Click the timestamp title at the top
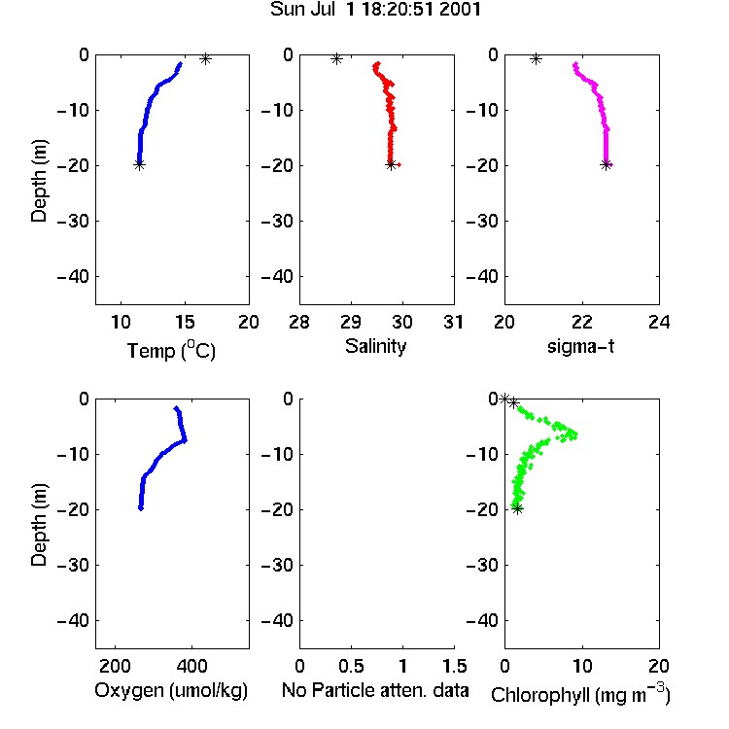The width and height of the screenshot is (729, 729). coord(375,10)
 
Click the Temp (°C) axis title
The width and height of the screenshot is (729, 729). coord(171,350)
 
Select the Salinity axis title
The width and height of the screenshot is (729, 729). coord(375,346)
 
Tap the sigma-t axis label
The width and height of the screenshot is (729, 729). coord(580,346)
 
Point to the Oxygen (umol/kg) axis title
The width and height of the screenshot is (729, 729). coord(171,690)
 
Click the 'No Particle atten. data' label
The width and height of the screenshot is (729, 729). coord(375,690)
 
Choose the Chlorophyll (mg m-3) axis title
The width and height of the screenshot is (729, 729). coord(580,694)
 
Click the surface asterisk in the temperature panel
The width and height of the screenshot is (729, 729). coord(205,59)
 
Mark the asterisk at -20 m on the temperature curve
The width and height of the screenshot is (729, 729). coord(139,164)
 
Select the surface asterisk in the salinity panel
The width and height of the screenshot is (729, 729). coord(336,59)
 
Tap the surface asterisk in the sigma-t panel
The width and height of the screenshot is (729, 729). coord(536,59)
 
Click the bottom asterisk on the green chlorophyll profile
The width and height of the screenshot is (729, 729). coord(517,508)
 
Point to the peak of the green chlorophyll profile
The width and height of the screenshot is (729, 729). coord(575,435)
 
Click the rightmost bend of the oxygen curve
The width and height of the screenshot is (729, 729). coord(185,439)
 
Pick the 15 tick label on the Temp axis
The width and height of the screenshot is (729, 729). coord(185,322)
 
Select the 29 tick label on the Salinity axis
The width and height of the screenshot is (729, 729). coord(351,322)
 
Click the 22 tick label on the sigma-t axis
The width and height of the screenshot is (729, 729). coord(581,322)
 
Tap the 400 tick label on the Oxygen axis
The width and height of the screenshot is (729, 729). coord(191,666)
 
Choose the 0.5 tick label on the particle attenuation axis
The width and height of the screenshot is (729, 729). coord(351,666)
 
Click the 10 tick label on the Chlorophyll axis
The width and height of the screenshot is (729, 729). coord(581,666)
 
